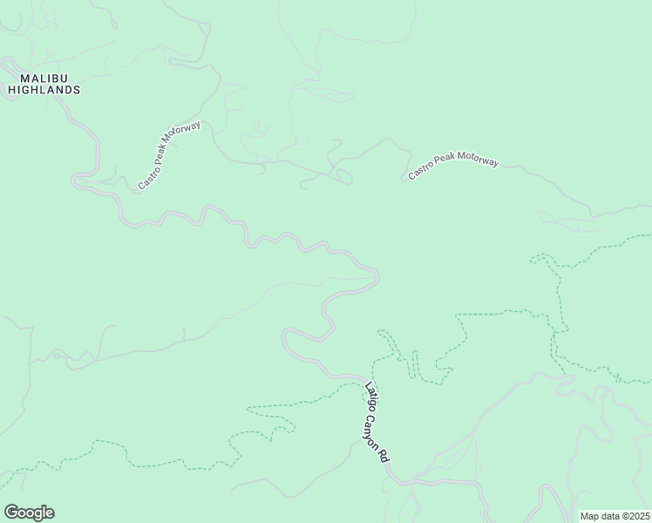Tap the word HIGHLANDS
click(44, 90)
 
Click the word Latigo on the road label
click(370, 397)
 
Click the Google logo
click(28, 513)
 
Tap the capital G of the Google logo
click(10, 512)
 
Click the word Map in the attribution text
click(590, 515)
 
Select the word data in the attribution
click(609, 515)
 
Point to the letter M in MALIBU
click(13, 78)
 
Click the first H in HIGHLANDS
click(12, 90)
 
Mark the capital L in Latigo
click(368, 386)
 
